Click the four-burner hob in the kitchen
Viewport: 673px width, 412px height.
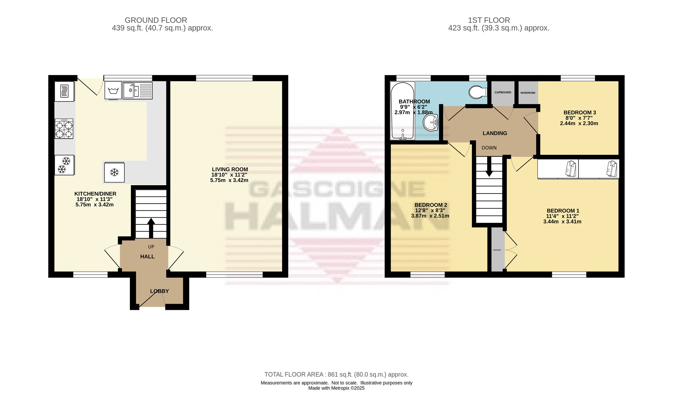pyautogui.click(x=64, y=129)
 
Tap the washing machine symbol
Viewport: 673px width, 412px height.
pyautogui.click(x=113, y=90)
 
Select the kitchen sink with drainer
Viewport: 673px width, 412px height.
pyautogui.click(x=137, y=90)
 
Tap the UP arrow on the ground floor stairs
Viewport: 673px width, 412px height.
pyautogui.click(x=151, y=228)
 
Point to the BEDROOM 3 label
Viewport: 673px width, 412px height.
pyautogui.click(x=580, y=112)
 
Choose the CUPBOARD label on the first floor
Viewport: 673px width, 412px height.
pyautogui.click(x=503, y=93)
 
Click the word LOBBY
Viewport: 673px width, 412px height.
pyautogui.click(x=159, y=291)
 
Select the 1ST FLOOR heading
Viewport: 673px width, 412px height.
pyautogui.click(x=489, y=20)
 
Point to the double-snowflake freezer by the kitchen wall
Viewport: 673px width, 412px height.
pyautogui.click(x=64, y=165)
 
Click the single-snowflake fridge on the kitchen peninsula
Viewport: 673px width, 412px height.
pyautogui.click(x=114, y=172)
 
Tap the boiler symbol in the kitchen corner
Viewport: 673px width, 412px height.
pyautogui.click(x=64, y=91)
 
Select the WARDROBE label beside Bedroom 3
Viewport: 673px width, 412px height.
pyautogui.click(x=528, y=93)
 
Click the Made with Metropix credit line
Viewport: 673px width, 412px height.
pyautogui.click(x=336, y=388)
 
